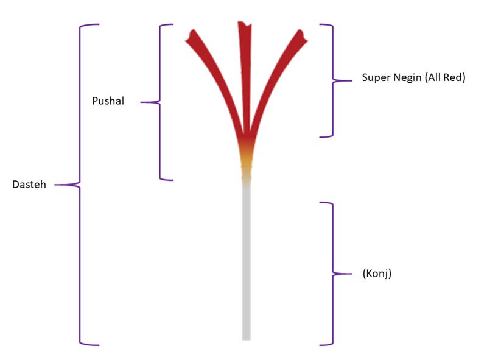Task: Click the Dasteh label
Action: pyautogui.click(x=29, y=185)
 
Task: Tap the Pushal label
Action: pyautogui.click(x=108, y=101)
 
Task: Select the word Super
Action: pyautogui.click(x=375, y=78)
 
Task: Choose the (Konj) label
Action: pyautogui.click(x=376, y=274)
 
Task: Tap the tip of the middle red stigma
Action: pyautogui.click(x=245, y=24)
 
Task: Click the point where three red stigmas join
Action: pyautogui.click(x=247, y=138)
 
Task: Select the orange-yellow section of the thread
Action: pyautogui.click(x=247, y=163)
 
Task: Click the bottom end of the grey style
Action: pyautogui.click(x=247, y=337)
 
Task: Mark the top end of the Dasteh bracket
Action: pyautogui.click(x=97, y=25)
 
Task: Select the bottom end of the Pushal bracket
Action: pyautogui.click(x=172, y=179)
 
